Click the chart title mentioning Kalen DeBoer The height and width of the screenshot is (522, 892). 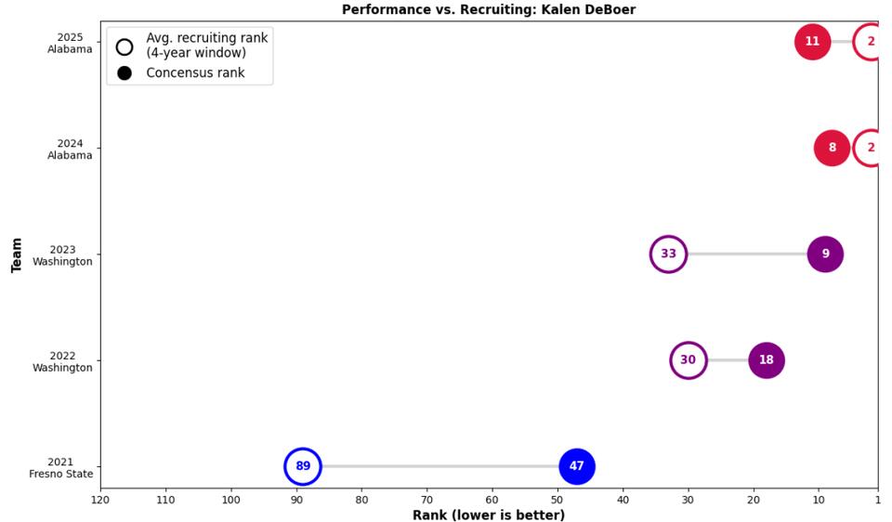pyautogui.click(x=489, y=9)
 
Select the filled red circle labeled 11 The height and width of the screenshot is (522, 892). pyautogui.click(x=812, y=42)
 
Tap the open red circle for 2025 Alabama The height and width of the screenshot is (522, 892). pyautogui.click(x=871, y=42)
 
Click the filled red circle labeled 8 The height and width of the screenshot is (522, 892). pyautogui.click(x=832, y=148)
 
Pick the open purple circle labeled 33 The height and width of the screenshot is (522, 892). pyautogui.click(x=668, y=254)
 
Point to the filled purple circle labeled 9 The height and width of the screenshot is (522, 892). pyautogui.click(x=825, y=254)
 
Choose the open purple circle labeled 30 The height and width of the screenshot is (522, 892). pyautogui.click(x=688, y=360)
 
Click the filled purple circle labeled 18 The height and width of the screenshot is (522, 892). pyautogui.click(x=766, y=360)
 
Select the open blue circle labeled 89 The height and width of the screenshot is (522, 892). pyautogui.click(x=303, y=466)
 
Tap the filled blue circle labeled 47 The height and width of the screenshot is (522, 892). pyautogui.click(x=576, y=466)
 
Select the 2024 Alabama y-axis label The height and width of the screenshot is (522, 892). pyautogui.click(x=70, y=150)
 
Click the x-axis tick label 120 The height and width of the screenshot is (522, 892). pyautogui.click(x=100, y=500)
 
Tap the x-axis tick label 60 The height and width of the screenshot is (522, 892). pyautogui.click(x=492, y=500)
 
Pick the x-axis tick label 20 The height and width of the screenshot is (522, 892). pyautogui.click(x=753, y=500)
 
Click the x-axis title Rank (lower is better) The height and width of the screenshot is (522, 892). pyautogui.click(x=489, y=515)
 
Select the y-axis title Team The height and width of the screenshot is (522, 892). pyautogui.click(x=17, y=254)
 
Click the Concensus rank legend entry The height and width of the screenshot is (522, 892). pyautogui.click(x=195, y=72)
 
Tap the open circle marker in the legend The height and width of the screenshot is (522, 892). pyautogui.click(x=125, y=46)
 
